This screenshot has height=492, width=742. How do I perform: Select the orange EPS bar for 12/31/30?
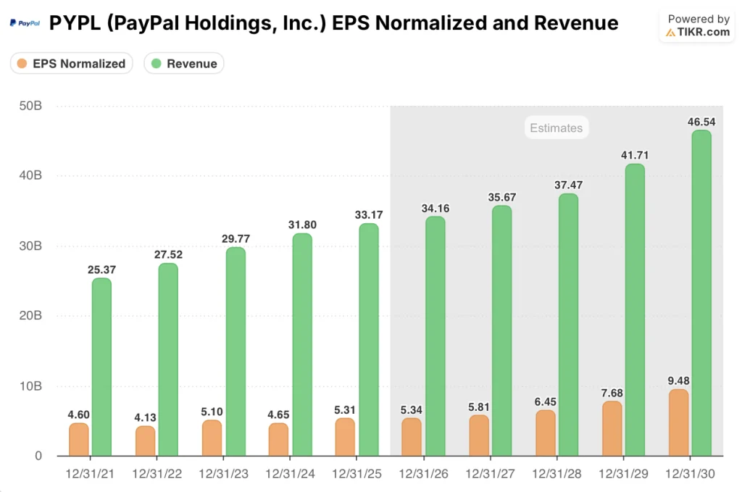point(679,422)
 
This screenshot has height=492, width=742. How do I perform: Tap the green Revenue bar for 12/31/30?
point(701,293)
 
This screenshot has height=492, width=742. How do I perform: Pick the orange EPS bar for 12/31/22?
point(145,441)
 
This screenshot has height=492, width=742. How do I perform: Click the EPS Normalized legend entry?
point(71,64)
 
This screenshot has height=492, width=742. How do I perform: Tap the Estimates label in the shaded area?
point(556,128)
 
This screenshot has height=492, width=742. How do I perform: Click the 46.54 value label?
point(701,122)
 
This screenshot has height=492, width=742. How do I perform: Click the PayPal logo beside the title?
point(25,23)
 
